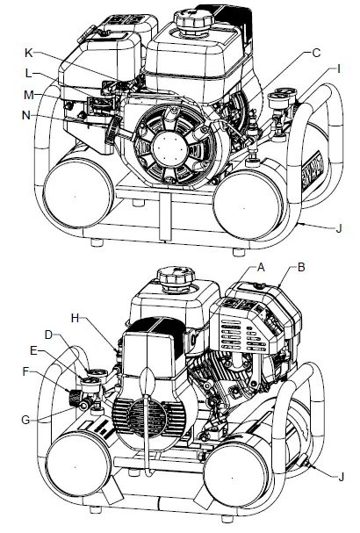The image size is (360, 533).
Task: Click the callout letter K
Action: tap(29, 53)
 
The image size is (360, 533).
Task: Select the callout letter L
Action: tap(29, 73)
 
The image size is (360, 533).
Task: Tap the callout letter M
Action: tap(29, 95)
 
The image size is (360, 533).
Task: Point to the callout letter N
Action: tap(25, 116)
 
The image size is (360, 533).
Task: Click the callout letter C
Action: tap(316, 53)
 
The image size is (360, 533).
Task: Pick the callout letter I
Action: tap(338, 69)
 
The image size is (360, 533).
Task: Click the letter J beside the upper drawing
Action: tap(339, 228)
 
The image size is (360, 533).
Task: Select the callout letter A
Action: tap(261, 267)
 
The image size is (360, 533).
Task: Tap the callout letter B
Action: tap(301, 267)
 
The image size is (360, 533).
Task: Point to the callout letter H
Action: tap(75, 318)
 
